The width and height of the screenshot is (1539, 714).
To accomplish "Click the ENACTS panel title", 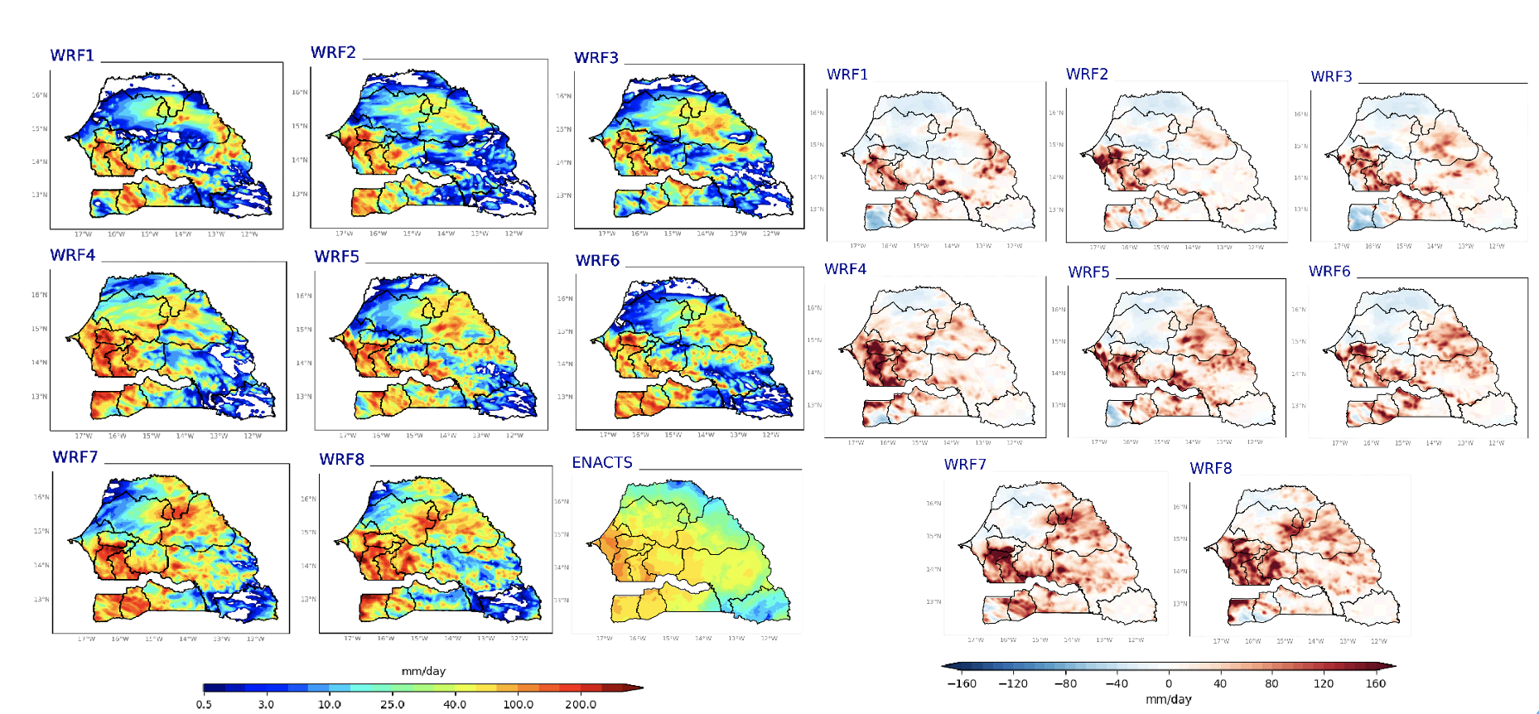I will pos(602,462).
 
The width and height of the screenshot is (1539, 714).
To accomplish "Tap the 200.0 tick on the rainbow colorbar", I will pos(581,704).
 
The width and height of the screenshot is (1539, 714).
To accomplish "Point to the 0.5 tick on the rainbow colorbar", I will pos(204,704).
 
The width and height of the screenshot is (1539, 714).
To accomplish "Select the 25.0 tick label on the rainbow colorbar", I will pos(392,704).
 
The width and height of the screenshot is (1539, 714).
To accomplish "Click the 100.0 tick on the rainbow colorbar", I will pos(518,704).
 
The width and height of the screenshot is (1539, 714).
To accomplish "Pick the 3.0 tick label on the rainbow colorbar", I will pos(266,704).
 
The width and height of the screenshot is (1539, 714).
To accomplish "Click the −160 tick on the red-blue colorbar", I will pos(962,683).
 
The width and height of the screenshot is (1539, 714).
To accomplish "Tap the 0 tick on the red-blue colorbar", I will pos(1169,683).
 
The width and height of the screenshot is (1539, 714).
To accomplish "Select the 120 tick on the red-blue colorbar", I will pos(1324,683).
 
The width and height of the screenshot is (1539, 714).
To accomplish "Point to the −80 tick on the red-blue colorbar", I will pos(1065,683).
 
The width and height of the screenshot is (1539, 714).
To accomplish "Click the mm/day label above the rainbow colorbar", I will pos(423,671).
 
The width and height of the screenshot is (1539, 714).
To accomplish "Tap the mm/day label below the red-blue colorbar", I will pos(1169,699).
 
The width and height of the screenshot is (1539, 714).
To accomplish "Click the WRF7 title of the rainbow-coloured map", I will pos(75,457).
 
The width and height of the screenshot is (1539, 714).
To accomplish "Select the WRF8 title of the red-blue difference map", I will pos(1211,469).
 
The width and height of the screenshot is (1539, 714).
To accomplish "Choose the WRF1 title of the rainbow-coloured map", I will pos(73,55).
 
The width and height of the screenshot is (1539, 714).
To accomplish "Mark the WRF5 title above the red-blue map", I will pos(1088,273).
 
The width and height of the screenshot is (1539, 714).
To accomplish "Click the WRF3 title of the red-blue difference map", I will pos(1331,77).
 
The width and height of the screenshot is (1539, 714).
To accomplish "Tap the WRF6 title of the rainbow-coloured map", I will pos(597,261).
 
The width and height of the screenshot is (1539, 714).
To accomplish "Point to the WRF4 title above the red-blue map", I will pos(845,269).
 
